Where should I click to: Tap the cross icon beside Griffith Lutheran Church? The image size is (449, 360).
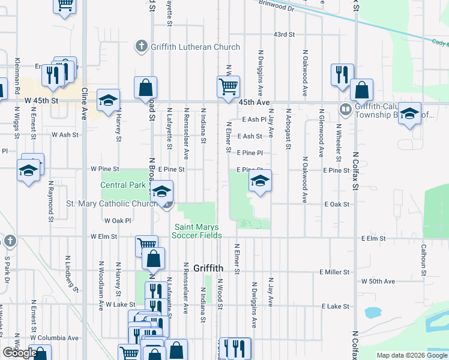(x=141, y=46)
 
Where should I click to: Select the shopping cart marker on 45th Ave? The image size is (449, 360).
(x=228, y=88)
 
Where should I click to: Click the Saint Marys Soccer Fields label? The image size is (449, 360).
(x=198, y=231)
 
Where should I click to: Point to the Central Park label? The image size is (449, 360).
(x=122, y=185)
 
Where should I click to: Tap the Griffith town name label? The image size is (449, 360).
(x=209, y=268)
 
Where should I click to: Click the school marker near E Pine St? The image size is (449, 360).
(x=260, y=181)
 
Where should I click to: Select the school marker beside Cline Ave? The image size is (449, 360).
(x=108, y=100)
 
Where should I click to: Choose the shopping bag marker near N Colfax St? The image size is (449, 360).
(x=361, y=91)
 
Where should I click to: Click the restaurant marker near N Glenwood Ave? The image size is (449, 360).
(x=342, y=74)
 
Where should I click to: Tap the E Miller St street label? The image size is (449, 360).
(x=335, y=272)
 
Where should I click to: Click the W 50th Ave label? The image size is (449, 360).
(x=378, y=281)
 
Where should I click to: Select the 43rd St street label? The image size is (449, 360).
(x=284, y=35)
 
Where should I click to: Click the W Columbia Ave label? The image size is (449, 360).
(x=55, y=338)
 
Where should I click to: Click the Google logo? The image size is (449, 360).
(x=20, y=353)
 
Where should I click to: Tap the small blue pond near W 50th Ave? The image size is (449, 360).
(x=372, y=312)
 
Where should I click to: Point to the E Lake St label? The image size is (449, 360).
(x=336, y=307)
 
